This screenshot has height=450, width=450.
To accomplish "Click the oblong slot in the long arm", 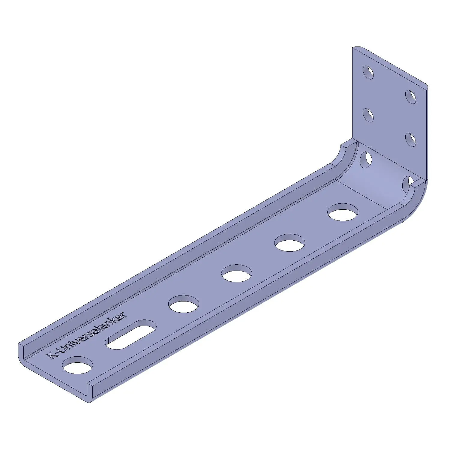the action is (131, 334).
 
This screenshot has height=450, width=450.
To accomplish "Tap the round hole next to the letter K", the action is (77, 365).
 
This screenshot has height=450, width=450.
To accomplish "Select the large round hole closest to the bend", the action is (343, 212).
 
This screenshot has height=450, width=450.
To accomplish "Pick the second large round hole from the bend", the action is (290, 243).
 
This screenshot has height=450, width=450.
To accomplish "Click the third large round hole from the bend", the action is (237, 273).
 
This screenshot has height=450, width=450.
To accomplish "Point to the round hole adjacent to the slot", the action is (184, 304).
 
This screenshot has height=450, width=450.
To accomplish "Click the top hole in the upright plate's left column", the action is (368, 72).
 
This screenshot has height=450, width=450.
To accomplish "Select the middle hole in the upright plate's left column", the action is (368, 115).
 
